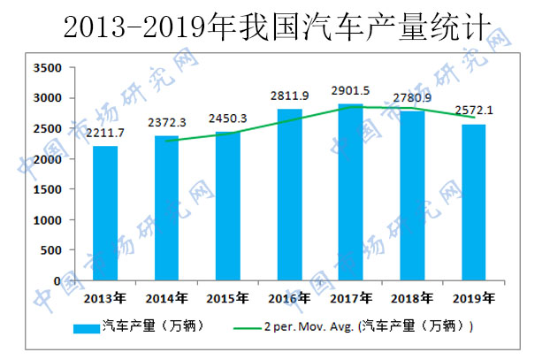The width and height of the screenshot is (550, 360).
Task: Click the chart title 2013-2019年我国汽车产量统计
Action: point(275,27)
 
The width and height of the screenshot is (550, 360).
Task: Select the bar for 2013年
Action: point(105,213)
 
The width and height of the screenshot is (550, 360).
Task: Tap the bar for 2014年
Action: point(165,209)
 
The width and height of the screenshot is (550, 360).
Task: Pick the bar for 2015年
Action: point(227,206)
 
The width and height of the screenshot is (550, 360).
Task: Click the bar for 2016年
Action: point(289,195)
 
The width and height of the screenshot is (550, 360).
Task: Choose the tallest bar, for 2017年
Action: point(350,193)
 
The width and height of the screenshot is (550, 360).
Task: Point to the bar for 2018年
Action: point(412,196)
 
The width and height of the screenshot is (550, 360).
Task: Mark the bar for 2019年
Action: point(473,203)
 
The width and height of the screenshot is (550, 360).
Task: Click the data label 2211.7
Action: point(105,134)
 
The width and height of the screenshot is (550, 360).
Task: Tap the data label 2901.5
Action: point(350,91)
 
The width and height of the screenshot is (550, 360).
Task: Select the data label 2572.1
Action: point(473,111)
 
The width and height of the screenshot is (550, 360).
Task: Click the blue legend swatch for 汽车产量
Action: point(85,326)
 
